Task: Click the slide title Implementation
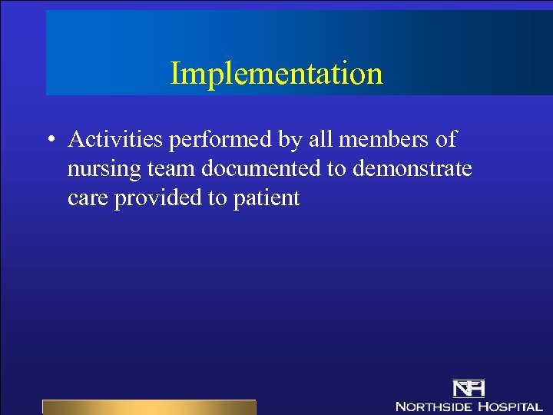tap(276, 74)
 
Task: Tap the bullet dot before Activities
tap(49, 141)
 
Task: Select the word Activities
tap(115, 140)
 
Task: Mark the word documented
tap(263, 169)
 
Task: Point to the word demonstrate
tap(412, 169)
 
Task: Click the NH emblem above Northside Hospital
tap(469, 388)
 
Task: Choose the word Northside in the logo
tap(433, 406)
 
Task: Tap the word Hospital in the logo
tap(510, 406)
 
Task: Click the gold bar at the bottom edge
tap(149, 407)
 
